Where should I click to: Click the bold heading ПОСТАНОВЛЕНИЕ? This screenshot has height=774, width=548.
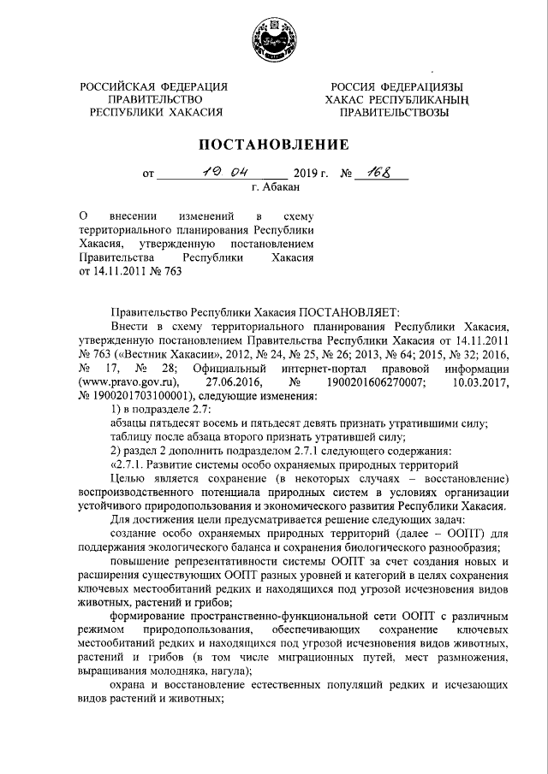point(274,144)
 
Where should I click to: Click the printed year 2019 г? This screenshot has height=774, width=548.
point(312,174)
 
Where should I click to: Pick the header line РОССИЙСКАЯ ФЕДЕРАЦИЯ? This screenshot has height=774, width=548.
point(154,87)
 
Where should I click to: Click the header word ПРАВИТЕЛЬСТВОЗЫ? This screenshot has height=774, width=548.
point(393,112)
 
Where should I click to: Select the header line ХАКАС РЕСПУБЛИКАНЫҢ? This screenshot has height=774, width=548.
point(393,100)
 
